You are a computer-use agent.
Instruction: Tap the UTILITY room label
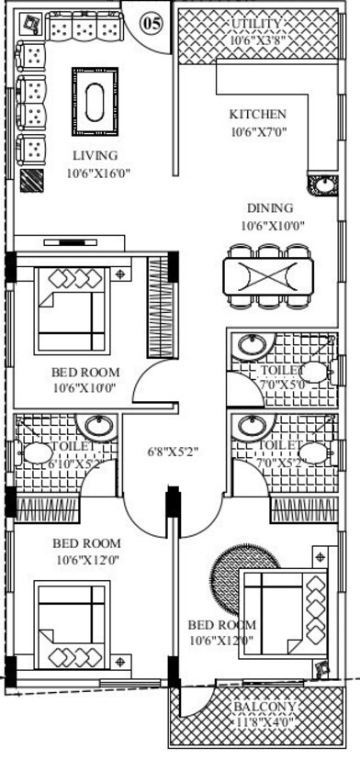tap(257, 24)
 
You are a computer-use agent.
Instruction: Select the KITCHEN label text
tap(257, 115)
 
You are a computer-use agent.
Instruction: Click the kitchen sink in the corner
tap(322, 185)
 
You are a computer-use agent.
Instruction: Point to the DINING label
tap(269, 208)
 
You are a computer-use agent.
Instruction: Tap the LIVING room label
tap(96, 156)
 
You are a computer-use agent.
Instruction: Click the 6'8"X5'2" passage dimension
tap(174, 452)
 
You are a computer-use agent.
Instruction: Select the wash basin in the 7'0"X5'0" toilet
tap(249, 346)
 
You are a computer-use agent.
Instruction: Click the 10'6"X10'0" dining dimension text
tap(272, 225)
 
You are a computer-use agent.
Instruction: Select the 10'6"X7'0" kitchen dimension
tap(259, 131)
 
